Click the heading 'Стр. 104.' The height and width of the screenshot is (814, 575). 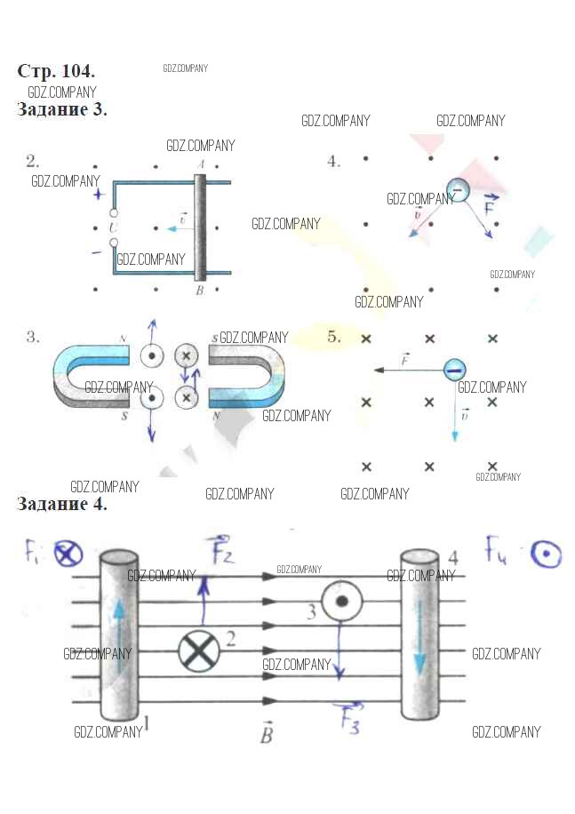point(56,71)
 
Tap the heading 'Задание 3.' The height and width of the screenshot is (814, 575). point(62,109)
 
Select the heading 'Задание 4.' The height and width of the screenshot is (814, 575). point(62,504)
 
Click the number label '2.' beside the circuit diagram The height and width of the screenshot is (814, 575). point(33,161)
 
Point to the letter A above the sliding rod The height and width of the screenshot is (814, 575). point(201,165)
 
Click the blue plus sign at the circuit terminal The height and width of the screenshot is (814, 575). point(98,194)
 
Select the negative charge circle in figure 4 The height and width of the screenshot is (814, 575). point(458,188)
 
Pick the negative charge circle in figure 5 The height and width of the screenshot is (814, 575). point(455,369)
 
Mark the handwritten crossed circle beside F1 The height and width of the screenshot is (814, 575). point(68,555)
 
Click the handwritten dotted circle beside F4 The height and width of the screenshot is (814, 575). point(546,555)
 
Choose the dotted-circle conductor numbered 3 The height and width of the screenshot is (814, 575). point(339,603)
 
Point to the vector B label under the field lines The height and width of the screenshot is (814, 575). point(266,734)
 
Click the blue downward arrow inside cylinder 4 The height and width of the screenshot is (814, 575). point(419,635)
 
